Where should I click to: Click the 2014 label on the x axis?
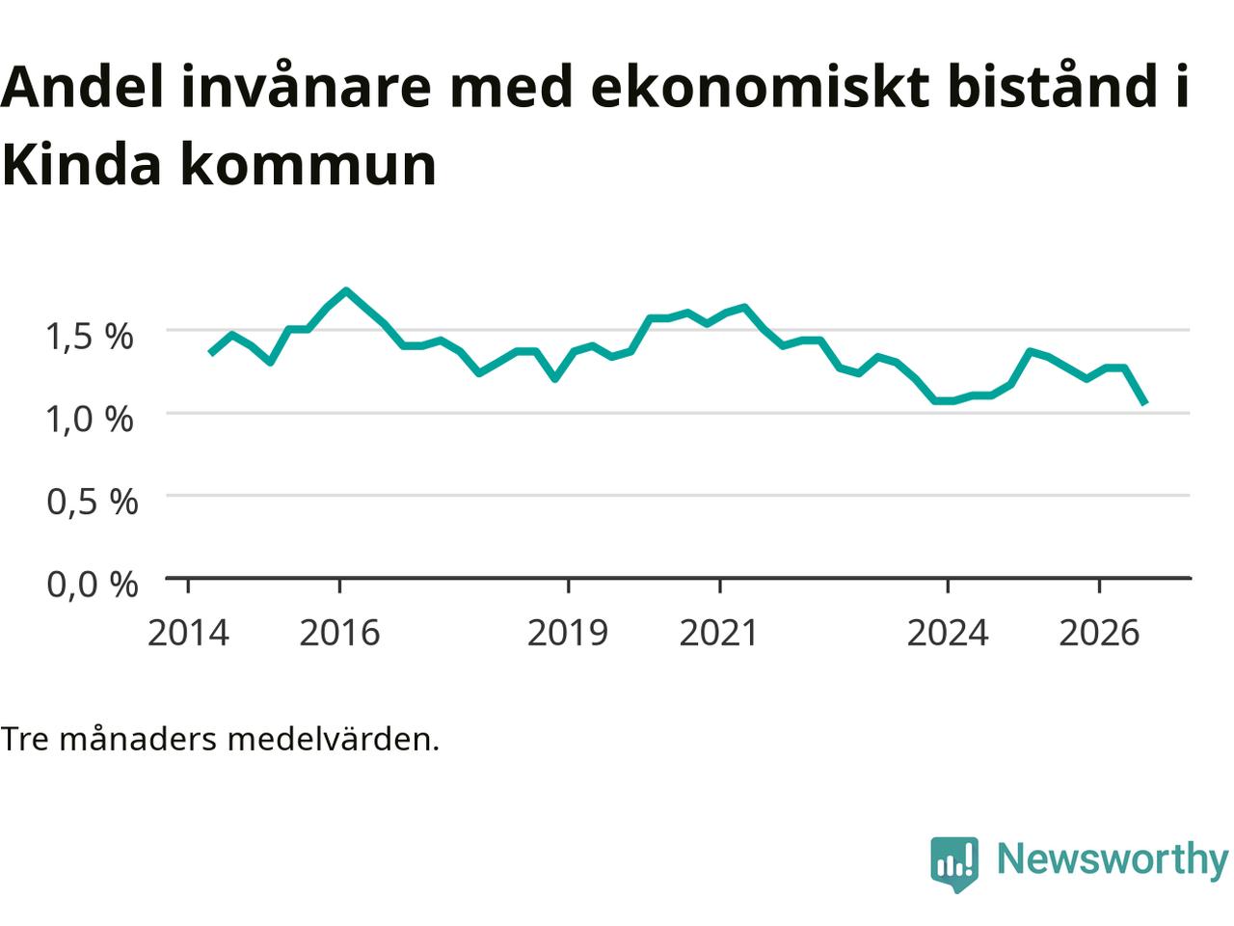188,633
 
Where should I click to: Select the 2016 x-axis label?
339,633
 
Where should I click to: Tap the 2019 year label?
568,633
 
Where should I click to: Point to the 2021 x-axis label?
719,633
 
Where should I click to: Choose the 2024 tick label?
948,633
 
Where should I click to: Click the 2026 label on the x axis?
1099,633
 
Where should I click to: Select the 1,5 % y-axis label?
90,338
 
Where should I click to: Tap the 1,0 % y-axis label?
90,420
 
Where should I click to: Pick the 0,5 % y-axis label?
93,503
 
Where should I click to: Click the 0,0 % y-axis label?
93,585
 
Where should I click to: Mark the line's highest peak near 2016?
346,290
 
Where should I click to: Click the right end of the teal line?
1145,403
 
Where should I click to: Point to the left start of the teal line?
211,353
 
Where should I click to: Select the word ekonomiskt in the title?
760,86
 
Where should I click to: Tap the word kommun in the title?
308,166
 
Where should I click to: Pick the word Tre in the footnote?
25,739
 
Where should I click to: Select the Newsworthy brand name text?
1113,859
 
